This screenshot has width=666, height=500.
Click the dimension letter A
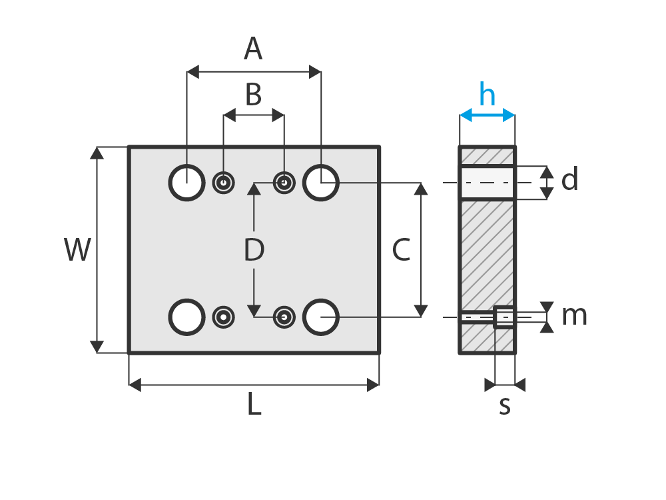[x=253, y=49]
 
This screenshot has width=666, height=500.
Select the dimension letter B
[x=254, y=95]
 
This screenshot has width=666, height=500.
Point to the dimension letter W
[x=77, y=249]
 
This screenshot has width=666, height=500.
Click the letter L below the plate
[x=254, y=403]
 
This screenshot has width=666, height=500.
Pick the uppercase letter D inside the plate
[x=254, y=249]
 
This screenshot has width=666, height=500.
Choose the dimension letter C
[x=401, y=249]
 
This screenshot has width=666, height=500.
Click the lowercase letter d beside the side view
[x=569, y=179]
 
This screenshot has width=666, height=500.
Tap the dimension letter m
[x=574, y=316]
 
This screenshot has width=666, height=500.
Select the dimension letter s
[x=505, y=405]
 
